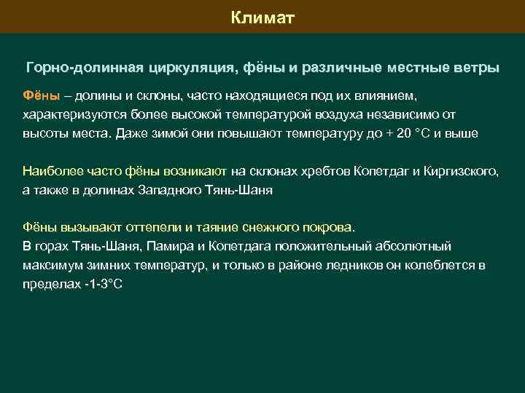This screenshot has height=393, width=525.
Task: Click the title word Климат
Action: coord(262,17)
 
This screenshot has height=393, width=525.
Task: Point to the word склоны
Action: coord(158,95)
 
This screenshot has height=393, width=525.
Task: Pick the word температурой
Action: coord(244,115)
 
